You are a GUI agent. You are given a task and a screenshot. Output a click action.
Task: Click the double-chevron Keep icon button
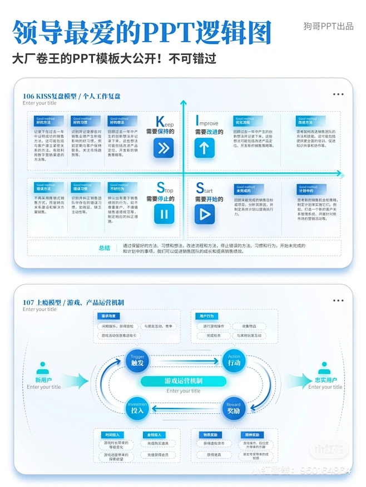(164, 148)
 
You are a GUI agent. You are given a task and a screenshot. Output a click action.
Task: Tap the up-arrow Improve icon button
(204, 148)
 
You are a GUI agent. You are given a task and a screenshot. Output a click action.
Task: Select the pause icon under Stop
(164, 214)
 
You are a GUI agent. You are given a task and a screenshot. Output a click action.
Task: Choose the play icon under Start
(204, 214)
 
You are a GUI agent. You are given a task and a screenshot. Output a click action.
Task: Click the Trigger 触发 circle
(137, 360)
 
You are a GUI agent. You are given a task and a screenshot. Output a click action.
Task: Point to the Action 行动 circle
(234, 360)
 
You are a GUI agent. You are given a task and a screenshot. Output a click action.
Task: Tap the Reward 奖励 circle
(234, 409)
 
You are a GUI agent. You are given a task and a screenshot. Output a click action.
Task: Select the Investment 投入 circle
(137, 409)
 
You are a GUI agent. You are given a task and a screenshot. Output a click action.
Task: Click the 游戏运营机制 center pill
(183, 381)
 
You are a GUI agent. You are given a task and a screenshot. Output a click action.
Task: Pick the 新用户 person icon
(43, 369)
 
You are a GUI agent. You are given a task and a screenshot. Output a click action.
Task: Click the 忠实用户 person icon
(324, 369)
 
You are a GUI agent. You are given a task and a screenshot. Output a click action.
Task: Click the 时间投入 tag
(112, 435)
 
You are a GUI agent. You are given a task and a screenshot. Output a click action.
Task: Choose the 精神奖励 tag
(252, 435)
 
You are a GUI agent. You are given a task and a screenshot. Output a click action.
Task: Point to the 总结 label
(104, 248)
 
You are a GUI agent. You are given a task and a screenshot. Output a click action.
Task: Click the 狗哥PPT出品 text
(328, 26)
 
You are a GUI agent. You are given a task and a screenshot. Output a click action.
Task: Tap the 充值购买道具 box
(154, 444)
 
